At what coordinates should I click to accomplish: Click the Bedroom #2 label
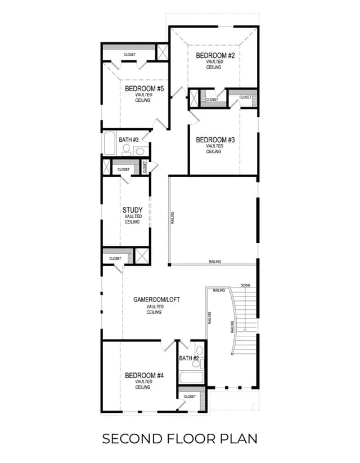tap(215, 56)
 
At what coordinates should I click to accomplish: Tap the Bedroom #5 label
tap(144, 88)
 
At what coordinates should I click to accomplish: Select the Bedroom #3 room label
tap(215, 140)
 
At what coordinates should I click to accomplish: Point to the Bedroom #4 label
tap(144, 376)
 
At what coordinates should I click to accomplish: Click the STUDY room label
tap(133, 210)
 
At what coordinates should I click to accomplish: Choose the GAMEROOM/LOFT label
tap(156, 299)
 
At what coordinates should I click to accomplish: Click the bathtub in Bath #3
tap(109, 143)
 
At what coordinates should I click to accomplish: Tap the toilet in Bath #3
tap(127, 150)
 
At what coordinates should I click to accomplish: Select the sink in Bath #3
tap(140, 151)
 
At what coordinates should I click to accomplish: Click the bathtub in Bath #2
tap(192, 377)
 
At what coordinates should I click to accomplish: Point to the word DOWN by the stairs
tap(245, 285)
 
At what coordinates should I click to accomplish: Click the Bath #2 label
tap(189, 358)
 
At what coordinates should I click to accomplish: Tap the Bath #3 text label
tap(128, 140)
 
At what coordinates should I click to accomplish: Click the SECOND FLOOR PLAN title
tap(179, 439)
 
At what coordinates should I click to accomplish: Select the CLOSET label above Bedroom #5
tap(129, 55)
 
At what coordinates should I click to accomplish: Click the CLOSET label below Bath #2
tap(190, 397)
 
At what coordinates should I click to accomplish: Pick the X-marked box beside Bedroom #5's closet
tap(162, 52)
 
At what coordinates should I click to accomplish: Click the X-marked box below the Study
tap(142, 256)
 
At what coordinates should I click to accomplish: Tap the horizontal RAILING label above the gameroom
tap(215, 262)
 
